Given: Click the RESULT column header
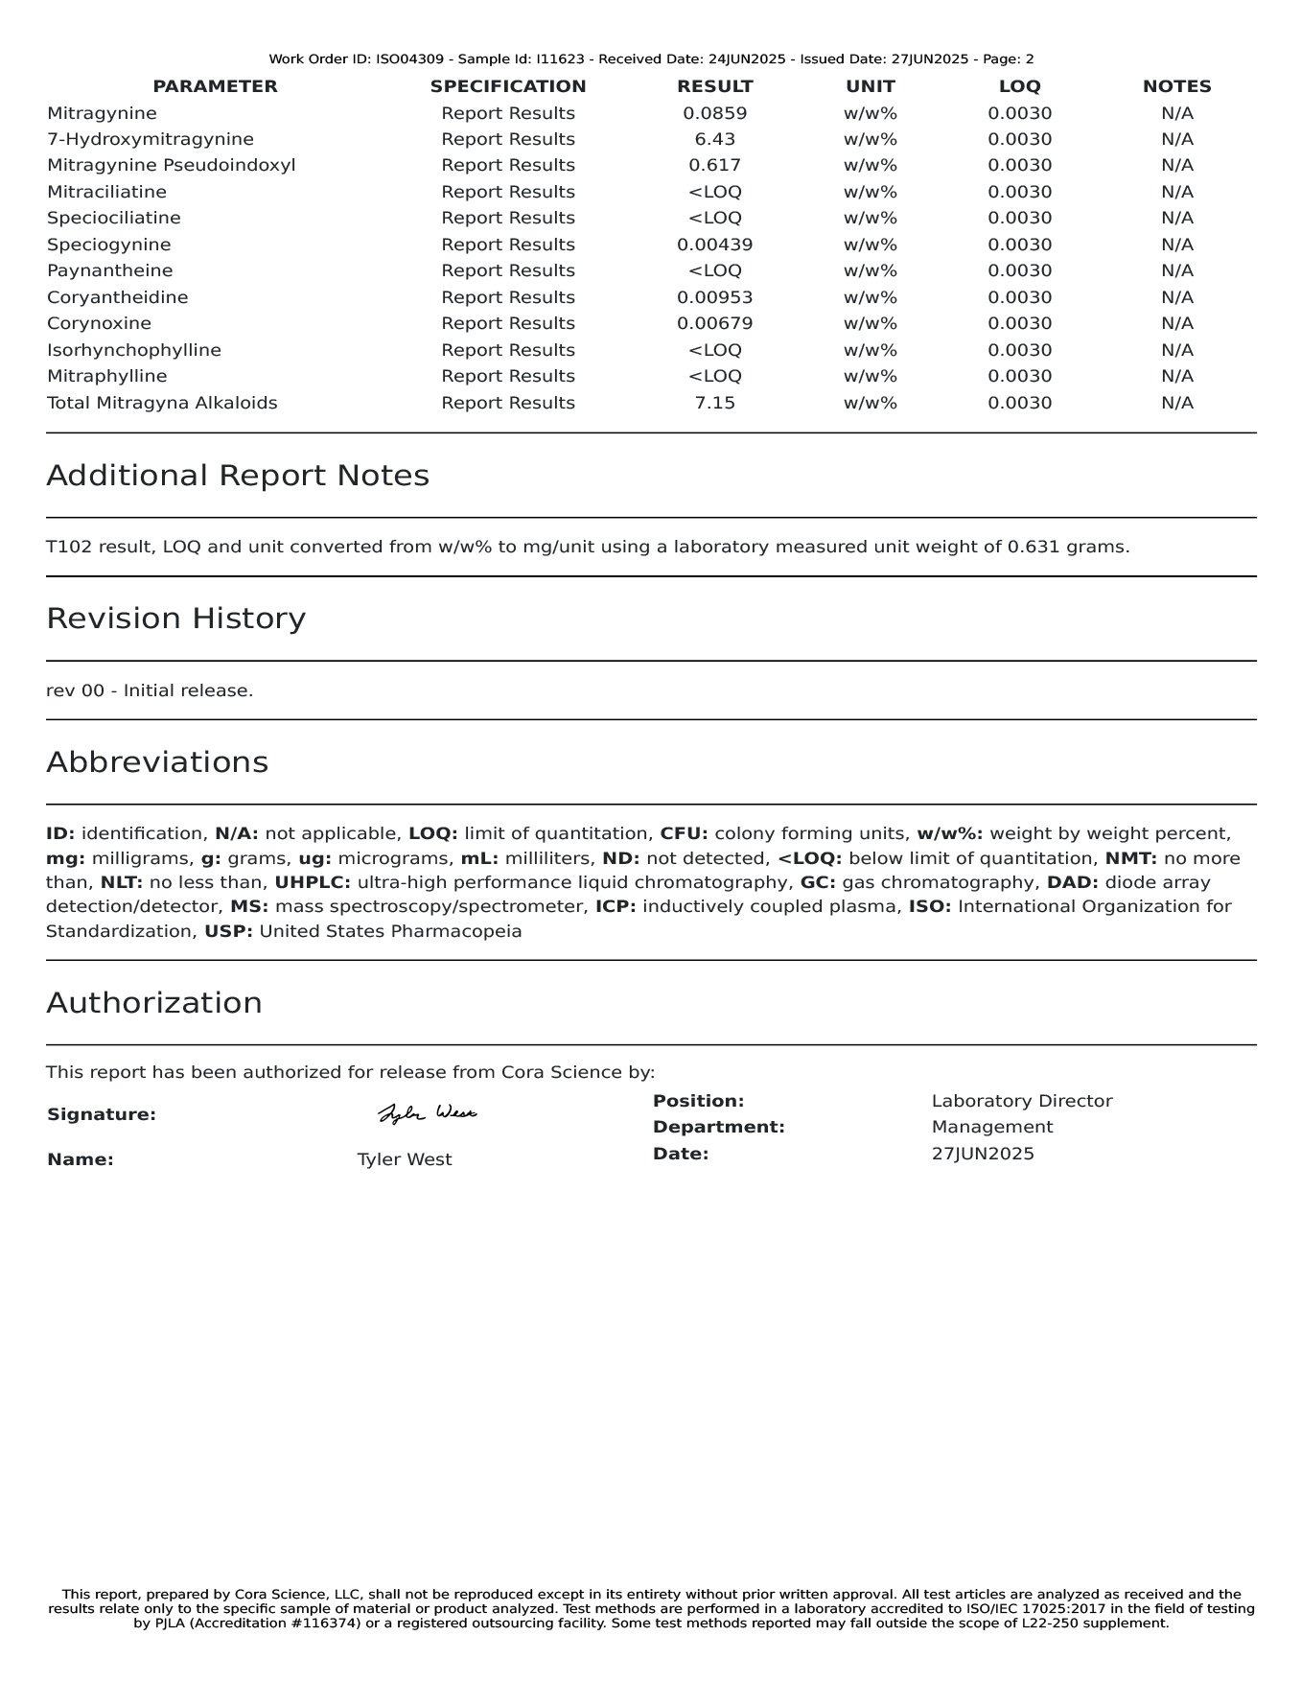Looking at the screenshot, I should click(x=714, y=86).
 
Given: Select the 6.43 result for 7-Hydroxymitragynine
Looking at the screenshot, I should click(x=714, y=139).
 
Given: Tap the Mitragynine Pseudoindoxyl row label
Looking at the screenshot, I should click(x=171, y=165).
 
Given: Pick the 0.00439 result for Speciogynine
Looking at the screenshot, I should click(x=714, y=245).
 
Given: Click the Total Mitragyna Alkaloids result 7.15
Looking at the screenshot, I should click(x=714, y=403).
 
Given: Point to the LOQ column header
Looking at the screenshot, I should click(x=1019, y=86).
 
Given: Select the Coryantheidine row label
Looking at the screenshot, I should click(x=117, y=297).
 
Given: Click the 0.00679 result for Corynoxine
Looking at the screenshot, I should click(x=714, y=323).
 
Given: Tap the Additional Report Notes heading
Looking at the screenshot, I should click(x=237, y=476).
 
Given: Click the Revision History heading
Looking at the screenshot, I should click(x=175, y=619).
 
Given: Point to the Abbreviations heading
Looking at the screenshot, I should click(x=156, y=762).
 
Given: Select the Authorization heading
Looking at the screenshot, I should click(x=153, y=1003).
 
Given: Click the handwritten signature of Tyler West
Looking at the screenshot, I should click(x=427, y=1113).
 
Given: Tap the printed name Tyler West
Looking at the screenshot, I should click(x=404, y=1159).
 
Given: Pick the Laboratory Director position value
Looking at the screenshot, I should click(x=1021, y=1101).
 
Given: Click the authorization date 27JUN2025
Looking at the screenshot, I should click(x=983, y=1154).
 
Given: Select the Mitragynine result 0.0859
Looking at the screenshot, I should click(x=714, y=113).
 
